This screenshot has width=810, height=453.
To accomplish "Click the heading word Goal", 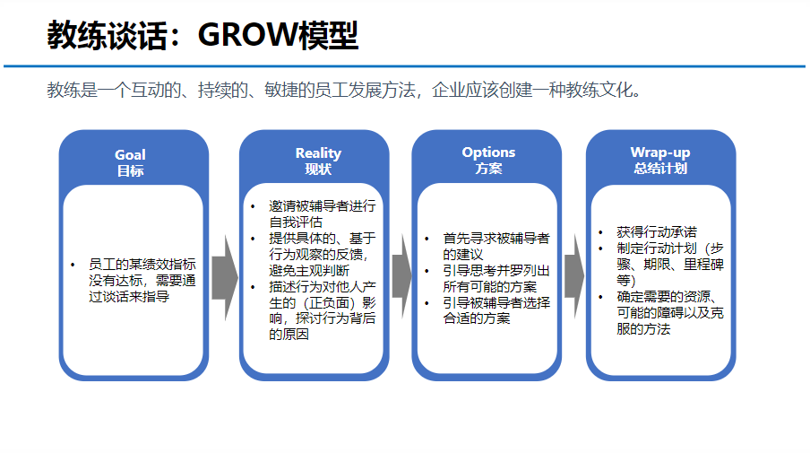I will click(x=130, y=155).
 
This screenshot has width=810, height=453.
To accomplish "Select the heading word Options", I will click(x=488, y=152).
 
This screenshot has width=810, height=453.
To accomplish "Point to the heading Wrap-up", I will click(x=660, y=152).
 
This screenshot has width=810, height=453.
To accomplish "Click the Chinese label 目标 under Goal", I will click(x=130, y=170).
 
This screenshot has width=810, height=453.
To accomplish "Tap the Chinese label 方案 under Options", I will click(x=488, y=168).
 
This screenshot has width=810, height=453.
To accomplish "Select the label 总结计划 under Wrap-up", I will click(x=660, y=168).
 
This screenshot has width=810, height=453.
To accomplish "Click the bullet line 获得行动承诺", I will click(x=657, y=231).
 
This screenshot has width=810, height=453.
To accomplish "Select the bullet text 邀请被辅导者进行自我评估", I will click(x=321, y=213).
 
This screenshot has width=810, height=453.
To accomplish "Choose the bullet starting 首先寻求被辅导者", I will click(x=495, y=247).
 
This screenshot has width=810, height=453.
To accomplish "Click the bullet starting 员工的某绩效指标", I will click(x=142, y=280).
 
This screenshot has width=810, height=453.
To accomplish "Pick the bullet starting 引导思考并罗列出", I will click(x=495, y=279).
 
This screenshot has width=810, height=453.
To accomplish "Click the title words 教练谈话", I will click(x=107, y=36).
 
